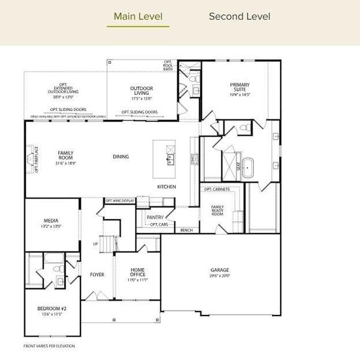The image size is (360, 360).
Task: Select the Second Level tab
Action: point(239,16)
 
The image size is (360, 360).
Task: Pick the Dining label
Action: point(121,157)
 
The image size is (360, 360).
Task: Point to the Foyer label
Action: point(97,275)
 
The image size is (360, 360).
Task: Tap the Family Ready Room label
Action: point(217,211)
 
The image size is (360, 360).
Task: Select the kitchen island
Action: point(164,158)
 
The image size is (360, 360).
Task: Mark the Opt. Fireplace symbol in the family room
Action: point(31,160)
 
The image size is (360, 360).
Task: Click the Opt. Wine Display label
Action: point(120,201)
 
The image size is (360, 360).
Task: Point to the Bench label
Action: point(187,230)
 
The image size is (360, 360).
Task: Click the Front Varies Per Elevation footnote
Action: point(49,346)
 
